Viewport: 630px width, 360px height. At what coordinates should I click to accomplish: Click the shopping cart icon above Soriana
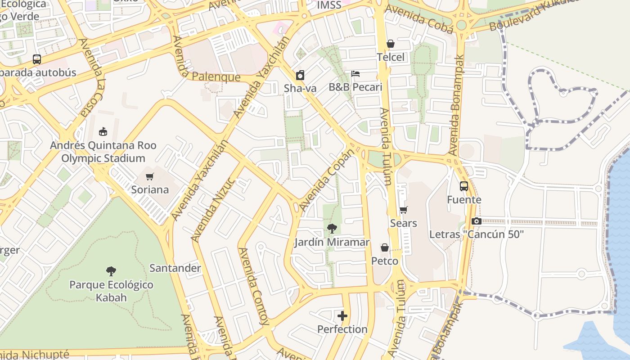pos(150,177)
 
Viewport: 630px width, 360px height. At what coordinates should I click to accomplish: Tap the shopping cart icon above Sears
pos(403,210)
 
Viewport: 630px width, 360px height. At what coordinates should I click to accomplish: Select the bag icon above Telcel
pos(391,44)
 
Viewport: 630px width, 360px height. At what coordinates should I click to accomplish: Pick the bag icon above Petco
pos(385,248)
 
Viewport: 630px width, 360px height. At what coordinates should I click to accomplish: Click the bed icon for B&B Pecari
pos(355,74)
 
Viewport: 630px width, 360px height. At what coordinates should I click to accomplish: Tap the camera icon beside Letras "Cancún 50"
pos(476,221)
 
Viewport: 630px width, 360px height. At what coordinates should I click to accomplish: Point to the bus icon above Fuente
pos(464,186)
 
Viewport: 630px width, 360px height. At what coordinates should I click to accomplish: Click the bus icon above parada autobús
pos(37,59)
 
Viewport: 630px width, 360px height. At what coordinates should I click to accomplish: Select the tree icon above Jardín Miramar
pos(332,229)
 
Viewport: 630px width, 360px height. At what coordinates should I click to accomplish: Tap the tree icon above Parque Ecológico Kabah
pos(111,271)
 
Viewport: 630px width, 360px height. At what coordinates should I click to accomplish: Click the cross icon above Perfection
pos(342,316)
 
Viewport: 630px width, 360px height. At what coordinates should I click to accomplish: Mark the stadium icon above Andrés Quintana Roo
pos(103,132)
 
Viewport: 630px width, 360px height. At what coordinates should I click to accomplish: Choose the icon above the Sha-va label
pos(300,75)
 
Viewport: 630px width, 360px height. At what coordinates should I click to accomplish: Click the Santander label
pos(175,268)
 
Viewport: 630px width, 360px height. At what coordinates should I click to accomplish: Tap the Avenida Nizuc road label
pos(212,209)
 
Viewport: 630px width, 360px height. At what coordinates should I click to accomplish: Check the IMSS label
pos(329,5)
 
